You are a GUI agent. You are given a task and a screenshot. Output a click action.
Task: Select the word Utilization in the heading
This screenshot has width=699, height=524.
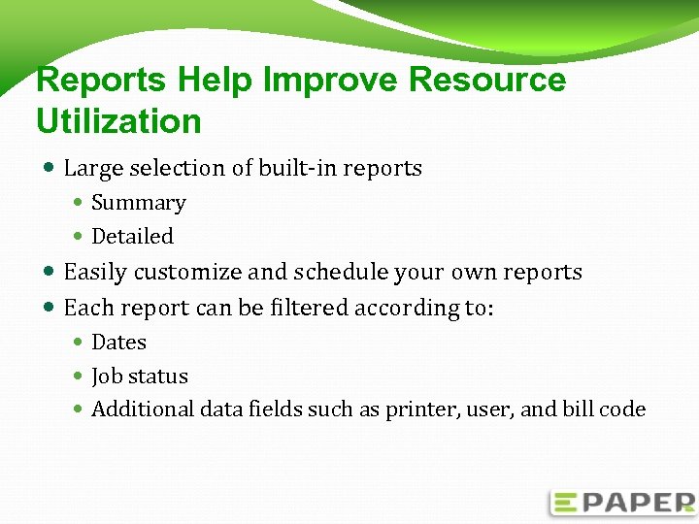click(x=118, y=121)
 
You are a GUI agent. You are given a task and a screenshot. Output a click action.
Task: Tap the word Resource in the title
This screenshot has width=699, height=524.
click(x=487, y=80)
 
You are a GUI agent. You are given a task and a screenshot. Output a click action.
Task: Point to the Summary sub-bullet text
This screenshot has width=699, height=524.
click(x=138, y=203)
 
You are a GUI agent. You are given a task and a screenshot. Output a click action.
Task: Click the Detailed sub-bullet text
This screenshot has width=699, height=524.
click(x=132, y=237)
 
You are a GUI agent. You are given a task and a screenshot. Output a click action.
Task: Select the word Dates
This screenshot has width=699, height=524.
click(x=118, y=343)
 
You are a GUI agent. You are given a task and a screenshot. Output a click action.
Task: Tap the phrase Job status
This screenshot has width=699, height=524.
click(x=139, y=377)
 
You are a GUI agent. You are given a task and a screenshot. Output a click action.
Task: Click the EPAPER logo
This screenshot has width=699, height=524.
click(x=622, y=502)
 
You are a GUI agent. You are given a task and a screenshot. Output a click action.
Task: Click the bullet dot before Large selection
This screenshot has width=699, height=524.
click(x=50, y=169)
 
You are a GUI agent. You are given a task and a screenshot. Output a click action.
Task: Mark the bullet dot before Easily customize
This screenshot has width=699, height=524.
click(x=50, y=273)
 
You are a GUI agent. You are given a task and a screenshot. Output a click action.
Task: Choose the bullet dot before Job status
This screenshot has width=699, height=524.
click(x=79, y=377)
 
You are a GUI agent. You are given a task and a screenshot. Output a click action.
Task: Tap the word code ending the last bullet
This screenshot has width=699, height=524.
click(x=622, y=409)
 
